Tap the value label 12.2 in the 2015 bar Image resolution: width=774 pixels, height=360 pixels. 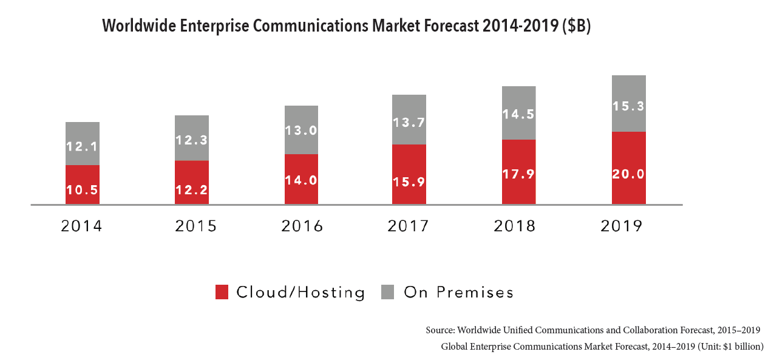pos(192,190)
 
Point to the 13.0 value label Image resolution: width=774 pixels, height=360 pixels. pos(301,130)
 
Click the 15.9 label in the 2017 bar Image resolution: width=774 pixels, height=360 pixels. pos(409,181)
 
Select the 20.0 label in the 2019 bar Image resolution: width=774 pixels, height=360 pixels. pos(628,174)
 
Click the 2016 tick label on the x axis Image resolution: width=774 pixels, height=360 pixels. pos(302,226)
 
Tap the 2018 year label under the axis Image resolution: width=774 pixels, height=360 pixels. pos(515,226)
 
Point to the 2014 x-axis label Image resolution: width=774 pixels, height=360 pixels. pos(82,226)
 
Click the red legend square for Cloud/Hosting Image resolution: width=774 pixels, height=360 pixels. pos(222,292)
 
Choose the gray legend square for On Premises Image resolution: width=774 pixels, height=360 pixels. pos(388,292)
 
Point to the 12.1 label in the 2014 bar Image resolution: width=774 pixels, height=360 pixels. pos(83,147)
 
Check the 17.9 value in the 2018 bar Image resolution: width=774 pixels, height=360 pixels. pos(519,174)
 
